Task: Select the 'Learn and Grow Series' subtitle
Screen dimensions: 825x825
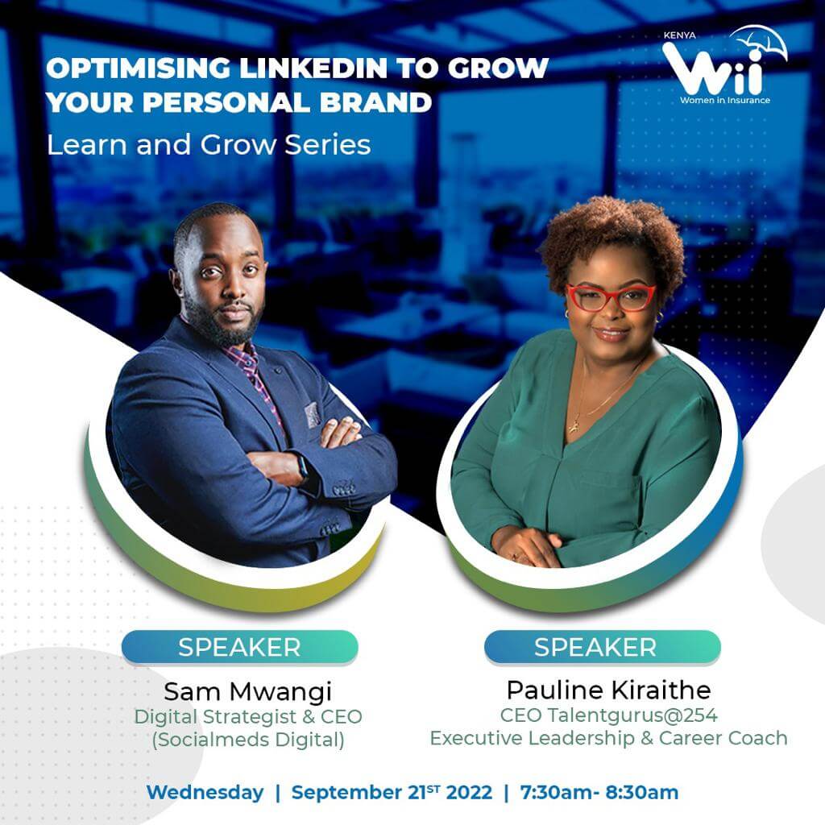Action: (x=209, y=145)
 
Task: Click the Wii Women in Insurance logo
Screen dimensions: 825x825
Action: (x=724, y=65)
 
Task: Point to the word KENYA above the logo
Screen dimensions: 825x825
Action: (x=679, y=35)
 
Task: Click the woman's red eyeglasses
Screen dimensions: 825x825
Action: (x=611, y=297)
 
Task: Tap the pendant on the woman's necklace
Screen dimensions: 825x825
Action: (x=575, y=424)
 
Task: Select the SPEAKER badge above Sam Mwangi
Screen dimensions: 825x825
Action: (x=239, y=647)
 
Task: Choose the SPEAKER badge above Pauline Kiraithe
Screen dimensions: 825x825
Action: (x=602, y=647)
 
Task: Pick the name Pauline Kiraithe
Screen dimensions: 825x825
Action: (x=609, y=690)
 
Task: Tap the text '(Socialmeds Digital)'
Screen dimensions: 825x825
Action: (x=248, y=740)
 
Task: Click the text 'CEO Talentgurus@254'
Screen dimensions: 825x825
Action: (x=609, y=715)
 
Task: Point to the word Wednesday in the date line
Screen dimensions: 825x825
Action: (x=205, y=793)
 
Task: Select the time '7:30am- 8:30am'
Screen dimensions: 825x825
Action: (x=599, y=793)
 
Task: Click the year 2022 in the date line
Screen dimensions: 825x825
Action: (x=469, y=793)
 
